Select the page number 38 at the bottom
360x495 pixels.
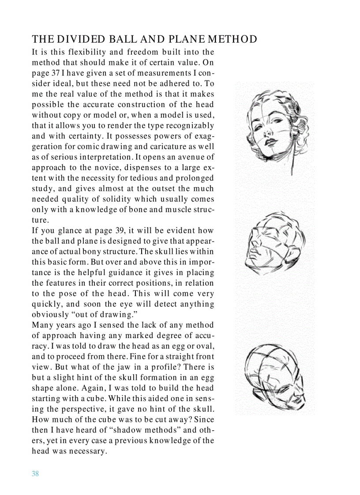coord(35,474)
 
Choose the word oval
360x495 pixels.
coord(205,346)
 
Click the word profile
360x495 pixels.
coord(161,367)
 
